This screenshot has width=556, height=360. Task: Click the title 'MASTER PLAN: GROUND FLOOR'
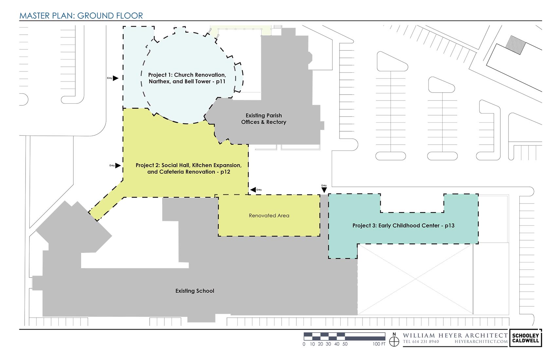click(81, 16)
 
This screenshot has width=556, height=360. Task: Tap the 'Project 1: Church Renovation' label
click(187, 78)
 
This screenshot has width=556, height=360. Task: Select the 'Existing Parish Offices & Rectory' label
click(264, 118)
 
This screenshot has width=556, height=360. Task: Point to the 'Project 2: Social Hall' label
click(188, 169)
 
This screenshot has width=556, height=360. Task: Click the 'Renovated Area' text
click(269, 216)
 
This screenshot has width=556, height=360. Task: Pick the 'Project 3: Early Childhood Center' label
click(403, 225)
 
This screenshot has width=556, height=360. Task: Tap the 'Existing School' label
click(195, 291)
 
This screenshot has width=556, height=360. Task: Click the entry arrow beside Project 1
click(116, 78)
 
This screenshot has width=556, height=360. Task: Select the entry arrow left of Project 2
click(118, 166)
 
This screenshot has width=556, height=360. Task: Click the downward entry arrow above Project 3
click(324, 190)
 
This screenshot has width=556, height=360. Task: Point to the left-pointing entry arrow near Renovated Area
click(253, 190)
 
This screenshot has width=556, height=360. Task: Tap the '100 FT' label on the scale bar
click(379, 344)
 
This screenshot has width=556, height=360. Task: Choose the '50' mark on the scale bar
click(345, 344)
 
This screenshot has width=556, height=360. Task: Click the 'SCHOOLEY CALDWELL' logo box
click(526, 338)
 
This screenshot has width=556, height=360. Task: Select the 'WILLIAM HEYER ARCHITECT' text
click(455, 335)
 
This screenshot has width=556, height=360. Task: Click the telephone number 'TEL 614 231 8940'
click(421, 342)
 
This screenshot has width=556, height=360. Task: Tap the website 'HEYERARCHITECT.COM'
click(481, 342)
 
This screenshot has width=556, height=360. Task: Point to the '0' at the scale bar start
click(304, 344)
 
